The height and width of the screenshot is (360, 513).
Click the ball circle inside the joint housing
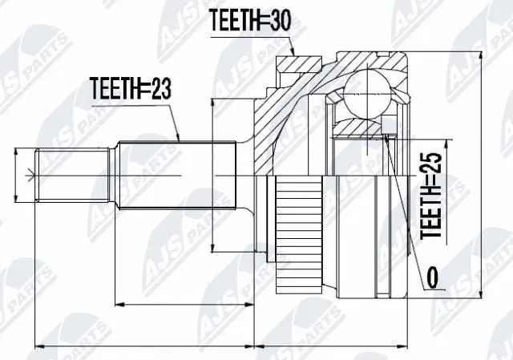(368, 88)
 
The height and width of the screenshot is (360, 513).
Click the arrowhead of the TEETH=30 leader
(294, 55)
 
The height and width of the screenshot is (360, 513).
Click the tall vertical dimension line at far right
(481, 176)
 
